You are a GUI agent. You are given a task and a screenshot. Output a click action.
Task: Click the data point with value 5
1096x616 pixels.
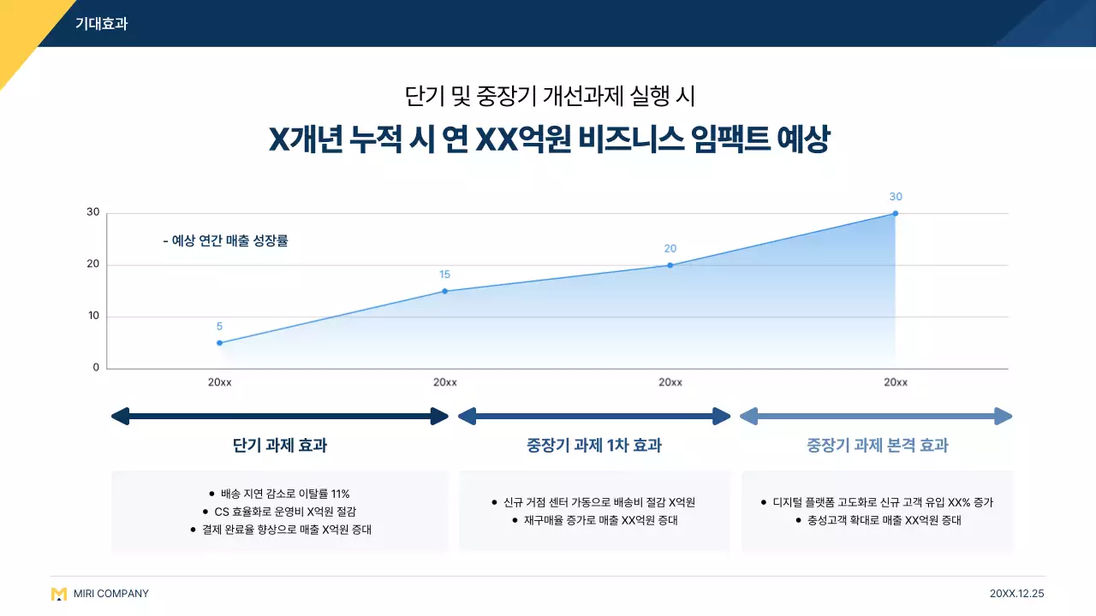pyautogui.click(x=219, y=343)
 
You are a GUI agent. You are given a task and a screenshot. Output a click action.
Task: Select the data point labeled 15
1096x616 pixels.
pyautogui.click(x=444, y=291)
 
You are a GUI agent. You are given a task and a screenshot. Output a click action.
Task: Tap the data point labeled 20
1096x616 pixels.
pyautogui.click(x=670, y=265)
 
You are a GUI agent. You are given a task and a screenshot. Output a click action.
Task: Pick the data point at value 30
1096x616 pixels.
pyautogui.click(x=895, y=213)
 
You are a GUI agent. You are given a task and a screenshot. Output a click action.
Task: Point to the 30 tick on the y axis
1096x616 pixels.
pyautogui.click(x=92, y=212)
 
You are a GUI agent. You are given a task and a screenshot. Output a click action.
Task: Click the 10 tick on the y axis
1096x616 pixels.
pyautogui.click(x=92, y=316)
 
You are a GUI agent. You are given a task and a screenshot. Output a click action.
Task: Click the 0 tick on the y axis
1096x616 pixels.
pyautogui.click(x=96, y=368)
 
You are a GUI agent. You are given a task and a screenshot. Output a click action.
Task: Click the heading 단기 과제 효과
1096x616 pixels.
pyautogui.click(x=280, y=446)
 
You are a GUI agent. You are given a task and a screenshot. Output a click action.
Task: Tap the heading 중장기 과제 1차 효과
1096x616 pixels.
pyautogui.click(x=594, y=446)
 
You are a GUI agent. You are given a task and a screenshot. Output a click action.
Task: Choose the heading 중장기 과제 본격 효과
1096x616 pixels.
pyautogui.click(x=877, y=446)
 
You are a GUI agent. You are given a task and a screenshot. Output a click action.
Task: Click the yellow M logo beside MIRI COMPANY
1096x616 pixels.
pyautogui.click(x=58, y=594)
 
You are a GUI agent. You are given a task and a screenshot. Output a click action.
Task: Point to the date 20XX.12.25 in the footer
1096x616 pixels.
pyautogui.click(x=1016, y=594)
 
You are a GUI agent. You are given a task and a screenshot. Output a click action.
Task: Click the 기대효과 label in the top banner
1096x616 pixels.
pyautogui.click(x=101, y=24)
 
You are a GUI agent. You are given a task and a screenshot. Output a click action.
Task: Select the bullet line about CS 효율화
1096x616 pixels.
pyautogui.click(x=285, y=512)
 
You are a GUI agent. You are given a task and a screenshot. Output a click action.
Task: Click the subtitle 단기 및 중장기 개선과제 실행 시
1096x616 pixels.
pyautogui.click(x=548, y=95)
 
